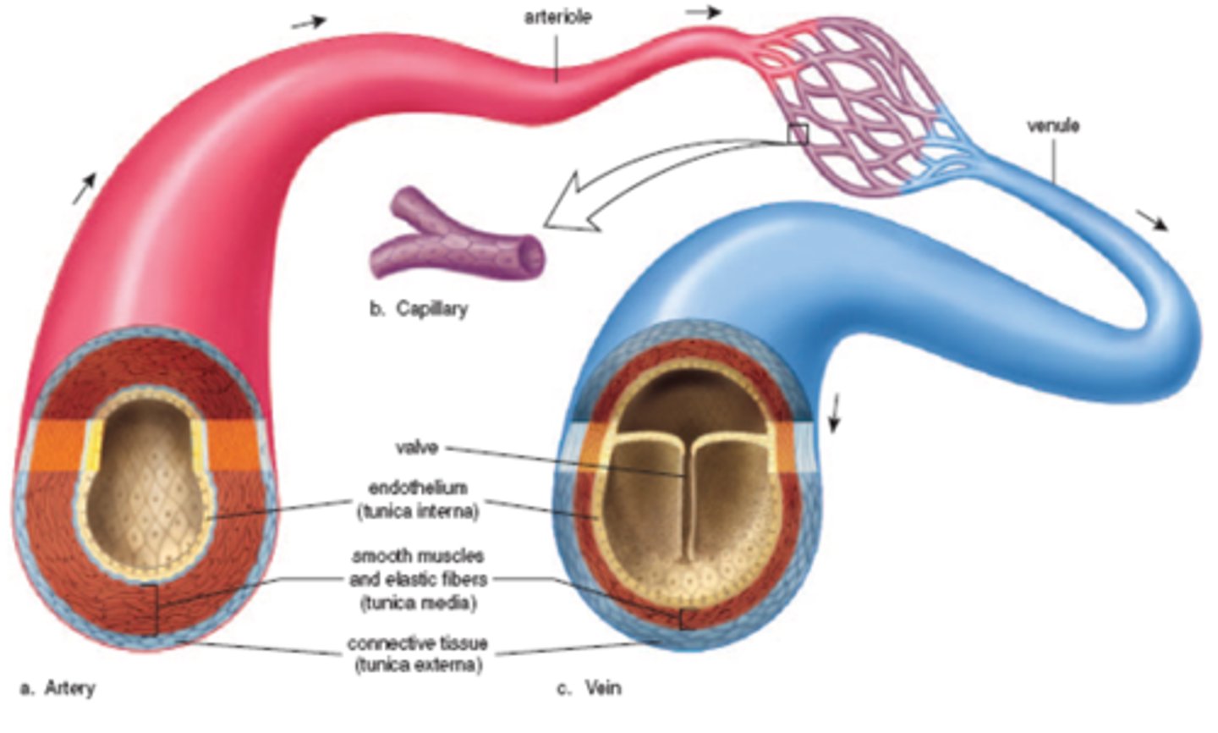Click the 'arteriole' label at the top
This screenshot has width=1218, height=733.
point(557,16)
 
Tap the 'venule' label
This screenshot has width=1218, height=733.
point(1052,126)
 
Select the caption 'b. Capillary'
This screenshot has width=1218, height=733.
point(419,308)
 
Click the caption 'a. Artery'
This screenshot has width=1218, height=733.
point(58,688)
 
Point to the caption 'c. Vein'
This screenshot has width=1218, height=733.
point(590,688)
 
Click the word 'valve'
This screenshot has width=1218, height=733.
point(416,446)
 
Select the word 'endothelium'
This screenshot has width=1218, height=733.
point(418,488)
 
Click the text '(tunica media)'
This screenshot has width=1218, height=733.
point(418,603)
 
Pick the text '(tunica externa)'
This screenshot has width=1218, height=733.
point(418,665)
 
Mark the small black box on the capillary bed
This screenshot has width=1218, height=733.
point(798,135)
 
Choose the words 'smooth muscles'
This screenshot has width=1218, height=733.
point(418,556)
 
